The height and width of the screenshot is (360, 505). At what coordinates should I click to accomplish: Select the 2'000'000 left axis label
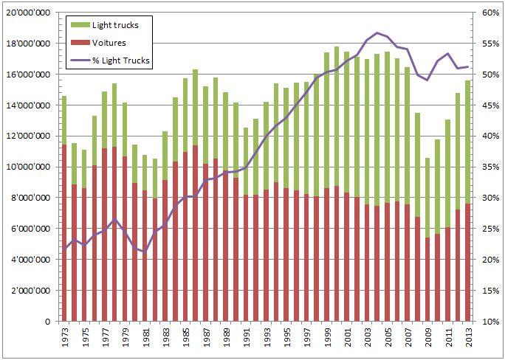pos(30,291)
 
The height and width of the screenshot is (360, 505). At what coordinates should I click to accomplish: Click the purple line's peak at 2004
pos(377,32)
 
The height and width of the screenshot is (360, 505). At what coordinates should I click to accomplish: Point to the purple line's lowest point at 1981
pos(145,252)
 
